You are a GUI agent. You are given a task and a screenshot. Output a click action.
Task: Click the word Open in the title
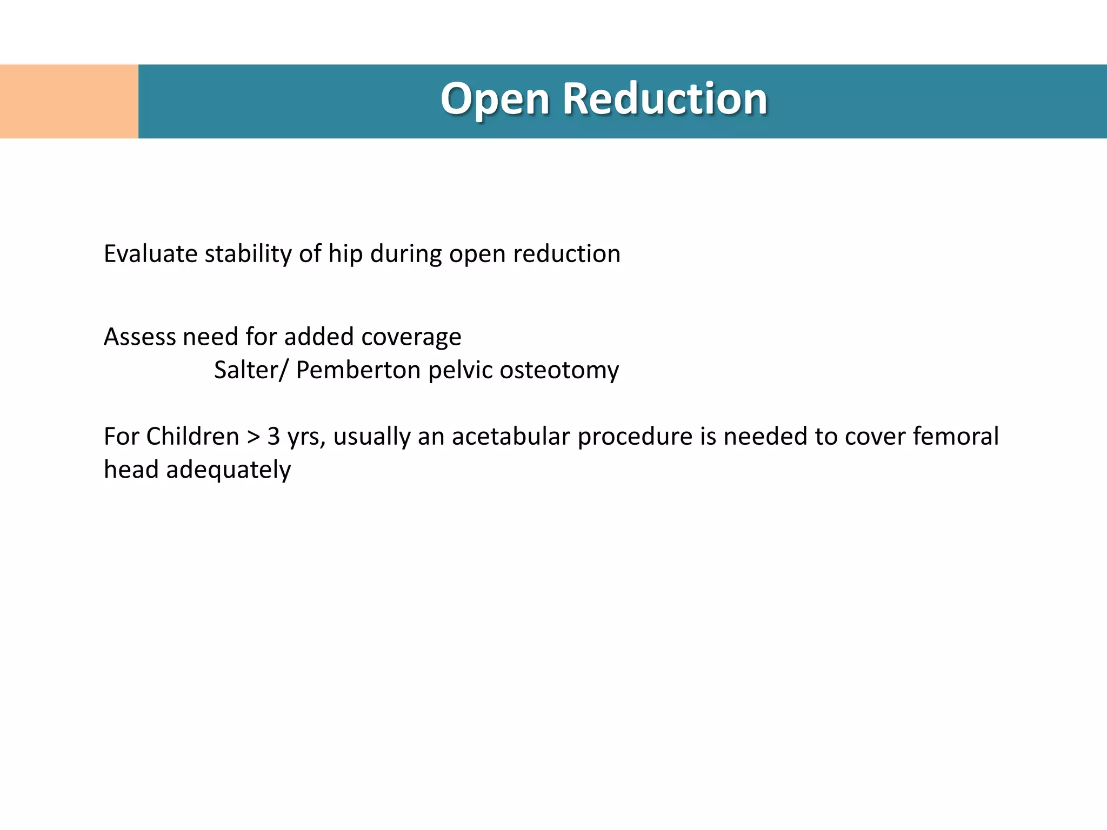point(495,100)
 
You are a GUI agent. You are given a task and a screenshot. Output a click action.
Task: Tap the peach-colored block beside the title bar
point(69,102)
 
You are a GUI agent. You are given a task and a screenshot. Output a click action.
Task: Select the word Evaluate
point(150,254)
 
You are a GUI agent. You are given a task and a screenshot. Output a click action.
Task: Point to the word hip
point(345,254)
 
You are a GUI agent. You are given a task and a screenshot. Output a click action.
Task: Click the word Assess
point(139,337)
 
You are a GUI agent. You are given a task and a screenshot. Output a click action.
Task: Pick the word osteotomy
point(559,371)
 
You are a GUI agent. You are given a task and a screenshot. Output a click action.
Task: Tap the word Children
point(192,436)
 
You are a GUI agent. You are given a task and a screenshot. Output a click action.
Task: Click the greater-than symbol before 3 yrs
point(253,437)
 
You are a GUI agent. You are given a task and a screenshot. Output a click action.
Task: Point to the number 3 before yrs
point(274,437)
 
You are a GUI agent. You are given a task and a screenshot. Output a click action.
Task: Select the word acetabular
point(510,436)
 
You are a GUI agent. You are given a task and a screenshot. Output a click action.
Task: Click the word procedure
point(635,437)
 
